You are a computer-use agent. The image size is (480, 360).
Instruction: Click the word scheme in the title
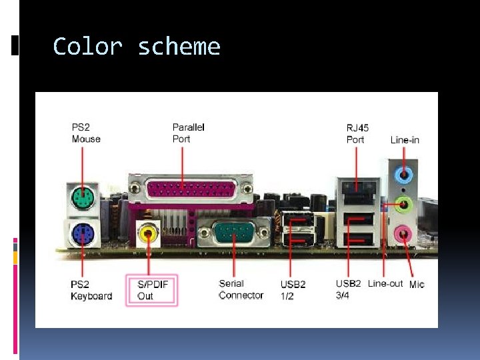(179, 47)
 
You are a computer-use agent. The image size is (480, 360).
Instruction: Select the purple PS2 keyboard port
(82, 233)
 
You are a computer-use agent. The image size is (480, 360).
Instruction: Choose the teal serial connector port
(234, 234)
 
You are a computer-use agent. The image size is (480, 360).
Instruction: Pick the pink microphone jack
(403, 234)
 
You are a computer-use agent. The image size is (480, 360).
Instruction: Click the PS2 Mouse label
(86, 133)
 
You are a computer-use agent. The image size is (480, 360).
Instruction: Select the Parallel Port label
(189, 133)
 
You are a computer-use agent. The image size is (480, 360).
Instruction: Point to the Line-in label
(405, 140)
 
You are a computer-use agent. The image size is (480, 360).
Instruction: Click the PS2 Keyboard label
(91, 290)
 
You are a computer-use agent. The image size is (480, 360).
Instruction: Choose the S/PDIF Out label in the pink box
(152, 290)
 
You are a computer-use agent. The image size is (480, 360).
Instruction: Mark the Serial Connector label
(241, 289)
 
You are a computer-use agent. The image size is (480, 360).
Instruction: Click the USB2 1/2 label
(293, 290)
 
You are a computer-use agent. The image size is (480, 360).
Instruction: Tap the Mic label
(417, 284)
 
